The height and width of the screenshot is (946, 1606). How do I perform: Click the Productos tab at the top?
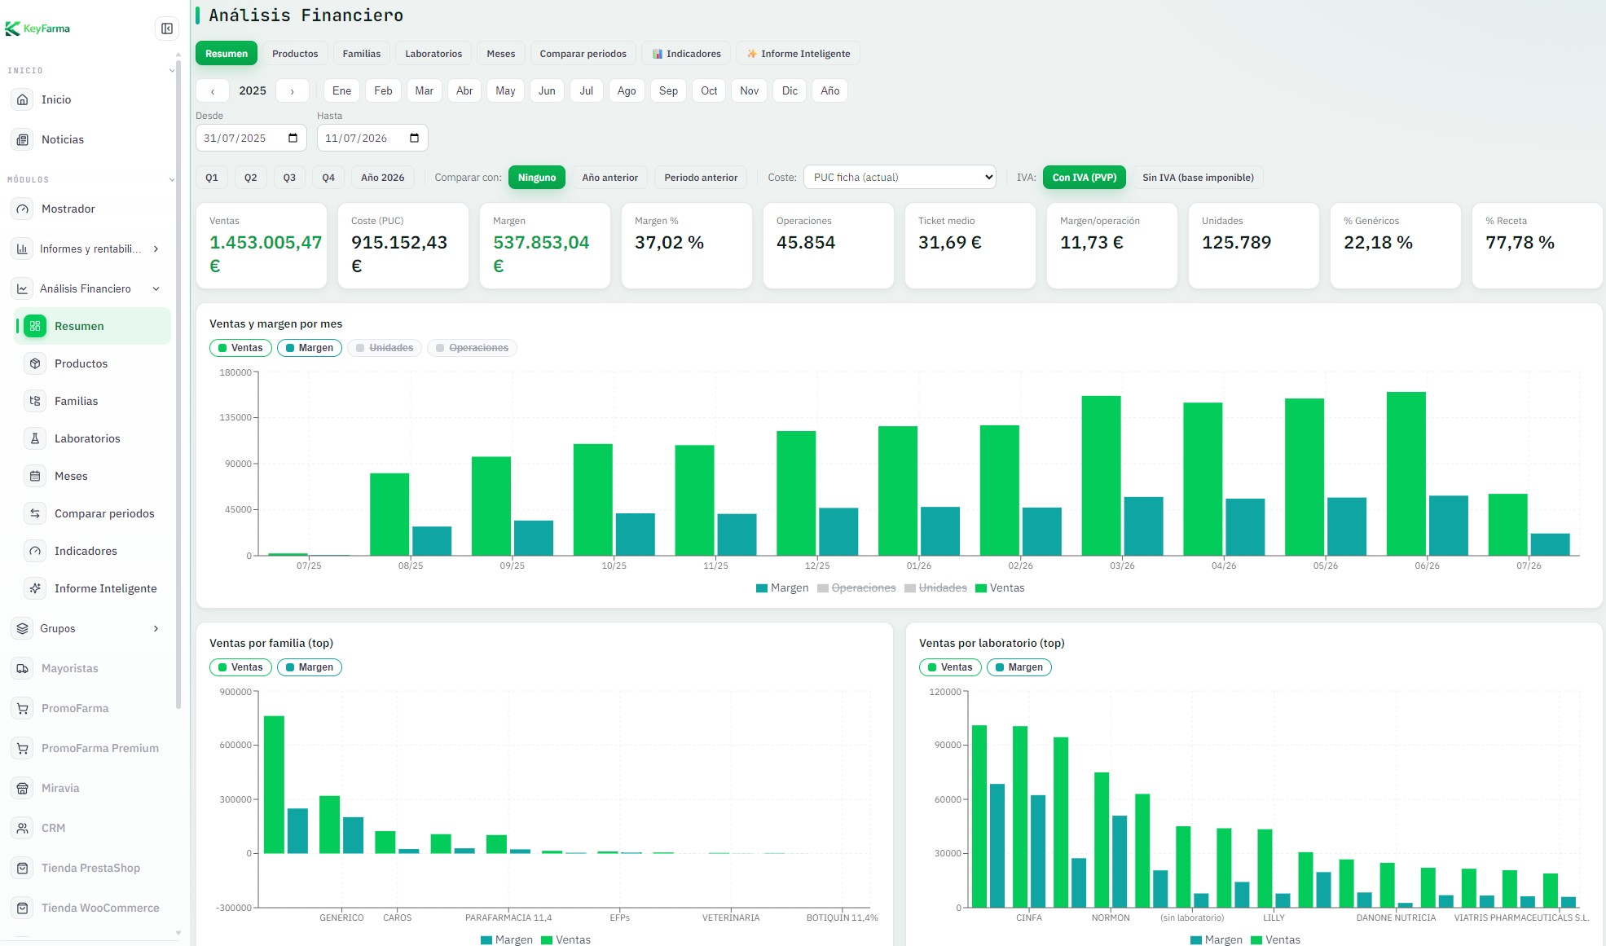(295, 54)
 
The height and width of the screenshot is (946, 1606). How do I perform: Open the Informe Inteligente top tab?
(798, 54)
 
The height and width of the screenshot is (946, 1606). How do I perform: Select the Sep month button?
(668, 90)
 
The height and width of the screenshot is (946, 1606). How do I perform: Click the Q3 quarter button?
(289, 178)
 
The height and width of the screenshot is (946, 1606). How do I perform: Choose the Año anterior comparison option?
(609, 178)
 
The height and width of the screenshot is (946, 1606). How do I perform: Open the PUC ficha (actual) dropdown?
(900, 177)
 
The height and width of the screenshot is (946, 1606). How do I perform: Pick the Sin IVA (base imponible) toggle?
(1198, 178)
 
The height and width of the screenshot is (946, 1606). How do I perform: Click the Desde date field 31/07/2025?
(251, 138)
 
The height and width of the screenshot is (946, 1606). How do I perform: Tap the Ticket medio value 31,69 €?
(950, 242)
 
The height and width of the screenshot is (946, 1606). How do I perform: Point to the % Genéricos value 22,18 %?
(1378, 242)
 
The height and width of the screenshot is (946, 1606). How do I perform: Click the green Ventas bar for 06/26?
(1406, 473)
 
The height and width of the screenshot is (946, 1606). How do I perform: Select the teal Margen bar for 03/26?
(1144, 526)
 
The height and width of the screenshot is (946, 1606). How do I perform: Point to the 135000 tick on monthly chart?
(235, 417)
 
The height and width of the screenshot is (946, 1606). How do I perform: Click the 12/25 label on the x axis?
(817, 565)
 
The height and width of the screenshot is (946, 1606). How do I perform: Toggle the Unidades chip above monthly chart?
(385, 348)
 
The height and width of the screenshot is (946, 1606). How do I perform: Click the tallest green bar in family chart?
(275, 785)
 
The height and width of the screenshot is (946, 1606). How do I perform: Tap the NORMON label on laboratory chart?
(1111, 917)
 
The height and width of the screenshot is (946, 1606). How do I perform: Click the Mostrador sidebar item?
(68, 209)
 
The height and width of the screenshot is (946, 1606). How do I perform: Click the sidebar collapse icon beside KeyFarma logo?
(167, 29)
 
